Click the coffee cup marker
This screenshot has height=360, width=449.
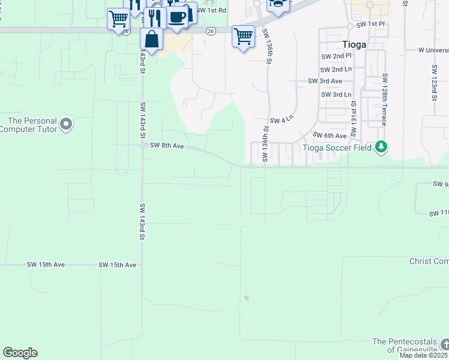pyautogui.click(x=177, y=18)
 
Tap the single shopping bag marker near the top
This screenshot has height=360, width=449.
pyautogui.click(x=152, y=40)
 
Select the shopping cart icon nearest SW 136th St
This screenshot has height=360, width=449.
pyautogui.click(x=243, y=37)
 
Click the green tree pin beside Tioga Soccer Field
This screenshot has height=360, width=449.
pyautogui.click(x=381, y=147)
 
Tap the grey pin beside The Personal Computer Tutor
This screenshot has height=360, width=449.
pyautogui.click(x=66, y=125)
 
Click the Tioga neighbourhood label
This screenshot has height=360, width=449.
pyautogui.click(x=354, y=44)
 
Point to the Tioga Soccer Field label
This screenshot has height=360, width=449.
pyautogui.click(x=337, y=148)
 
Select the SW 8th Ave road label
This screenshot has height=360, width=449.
pyautogui.click(x=166, y=145)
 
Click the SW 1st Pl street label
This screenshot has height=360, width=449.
pyautogui.click(x=370, y=25)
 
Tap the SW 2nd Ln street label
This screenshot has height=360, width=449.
pyautogui.click(x=336, y=69)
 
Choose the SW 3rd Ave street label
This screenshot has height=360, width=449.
pyautogui.click(x=324, y=81)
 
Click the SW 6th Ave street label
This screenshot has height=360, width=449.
pyautogui.click(x=330, y=136)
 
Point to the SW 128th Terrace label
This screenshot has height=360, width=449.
pyautogui.click(x=384, y=100)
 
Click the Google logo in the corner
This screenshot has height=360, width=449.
pyautogui.click(x=20, y=353)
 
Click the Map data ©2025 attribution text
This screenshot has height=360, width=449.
pyautogui.click(x=423, y=355)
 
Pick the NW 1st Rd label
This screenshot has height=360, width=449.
pyautogui.click(x=213, y=10)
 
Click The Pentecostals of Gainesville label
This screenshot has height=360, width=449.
pyautogui.click(x=405, y=346)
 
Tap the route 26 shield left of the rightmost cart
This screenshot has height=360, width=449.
pyautogui.click(x=210, y=31)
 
